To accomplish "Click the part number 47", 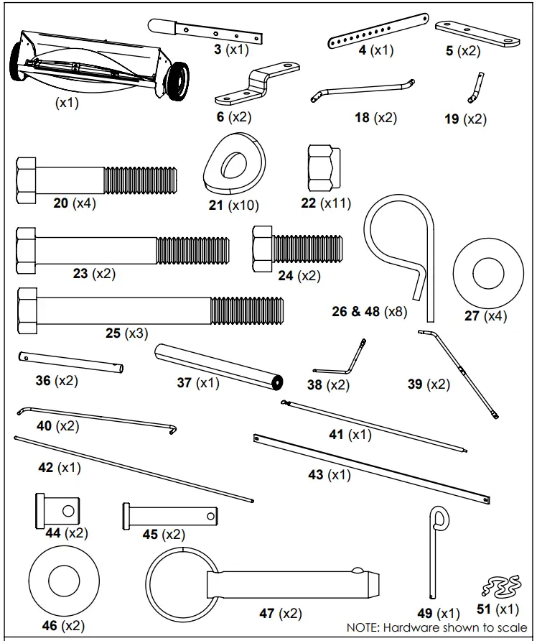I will point(267,613).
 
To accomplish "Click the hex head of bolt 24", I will point(262,247).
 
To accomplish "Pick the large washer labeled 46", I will point(55,582).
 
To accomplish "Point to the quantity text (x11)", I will point(335,203).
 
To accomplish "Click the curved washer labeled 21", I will point(235,166).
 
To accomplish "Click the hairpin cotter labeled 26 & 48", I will point(398,237).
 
